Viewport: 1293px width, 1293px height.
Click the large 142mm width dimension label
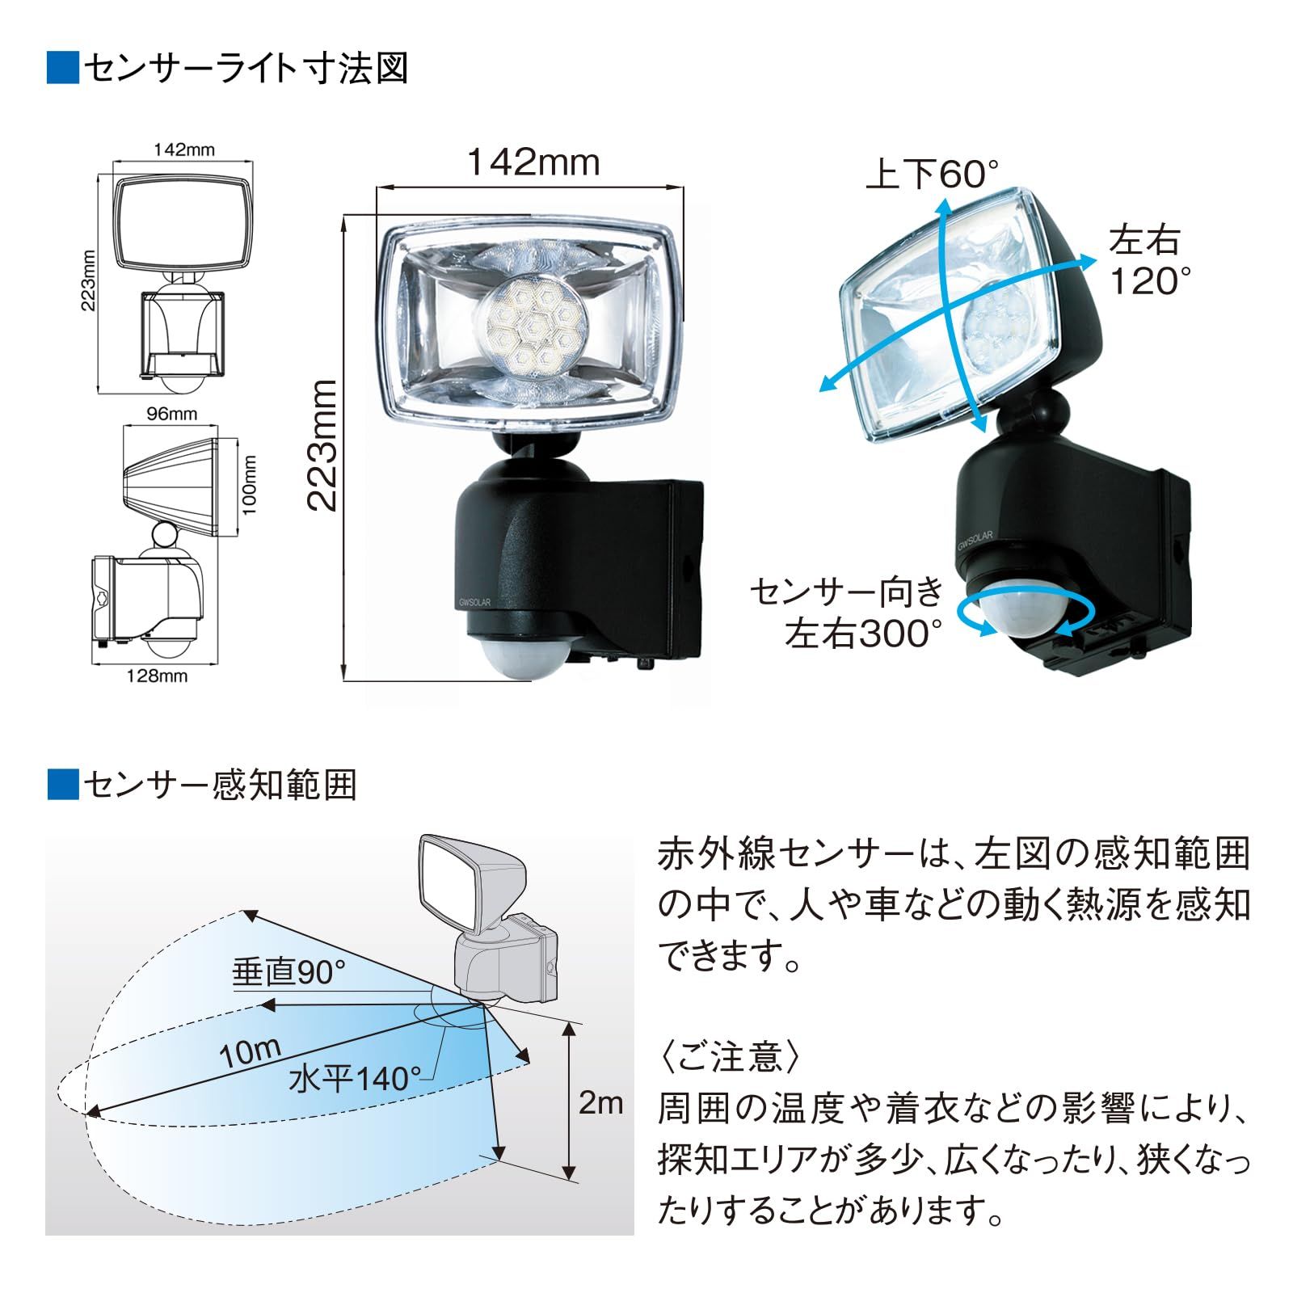534,162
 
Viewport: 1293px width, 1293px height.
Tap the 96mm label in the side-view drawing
171,414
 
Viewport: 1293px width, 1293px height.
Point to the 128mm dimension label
157,676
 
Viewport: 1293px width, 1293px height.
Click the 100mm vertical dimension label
250,485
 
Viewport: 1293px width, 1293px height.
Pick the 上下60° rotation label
933,174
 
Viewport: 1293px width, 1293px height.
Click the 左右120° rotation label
1149,261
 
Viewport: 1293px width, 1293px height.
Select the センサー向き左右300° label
847,613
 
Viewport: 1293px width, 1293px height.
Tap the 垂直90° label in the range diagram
289,973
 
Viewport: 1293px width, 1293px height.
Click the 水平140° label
355,1079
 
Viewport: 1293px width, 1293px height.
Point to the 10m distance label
250,1052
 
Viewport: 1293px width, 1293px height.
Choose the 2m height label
600,1102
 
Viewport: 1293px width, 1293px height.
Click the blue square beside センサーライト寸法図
63,68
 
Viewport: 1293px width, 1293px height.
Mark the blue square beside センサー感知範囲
63,784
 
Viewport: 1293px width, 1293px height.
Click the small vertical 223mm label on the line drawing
89,280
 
